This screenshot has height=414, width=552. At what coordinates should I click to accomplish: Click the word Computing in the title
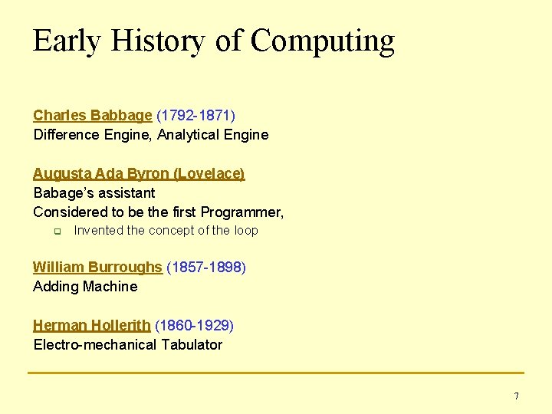[x=323, y=41]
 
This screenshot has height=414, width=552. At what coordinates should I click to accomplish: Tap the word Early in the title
[x=67, y=40]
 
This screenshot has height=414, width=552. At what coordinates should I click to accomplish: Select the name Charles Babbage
[x=93, y=116]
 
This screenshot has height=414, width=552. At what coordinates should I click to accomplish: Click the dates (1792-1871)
[x=195, y=116]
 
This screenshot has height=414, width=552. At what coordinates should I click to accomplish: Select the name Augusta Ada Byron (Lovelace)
[x=139, y=174]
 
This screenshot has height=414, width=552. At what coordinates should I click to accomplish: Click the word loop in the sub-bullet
[x=246, y=231]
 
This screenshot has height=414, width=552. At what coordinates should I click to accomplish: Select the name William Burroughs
[x=97, y=268]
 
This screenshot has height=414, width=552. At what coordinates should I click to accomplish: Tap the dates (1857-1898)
[x=205, y=268]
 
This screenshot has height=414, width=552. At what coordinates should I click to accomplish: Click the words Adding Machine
[x=85, y=287]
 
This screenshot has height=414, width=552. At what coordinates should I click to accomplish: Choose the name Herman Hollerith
[x=92, y=326]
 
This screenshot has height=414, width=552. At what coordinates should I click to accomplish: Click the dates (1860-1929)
[x=194, y=326]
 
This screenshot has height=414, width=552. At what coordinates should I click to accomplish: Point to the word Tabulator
[x=192, y=345]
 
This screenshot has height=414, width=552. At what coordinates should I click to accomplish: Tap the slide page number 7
[x=516, y=396]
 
